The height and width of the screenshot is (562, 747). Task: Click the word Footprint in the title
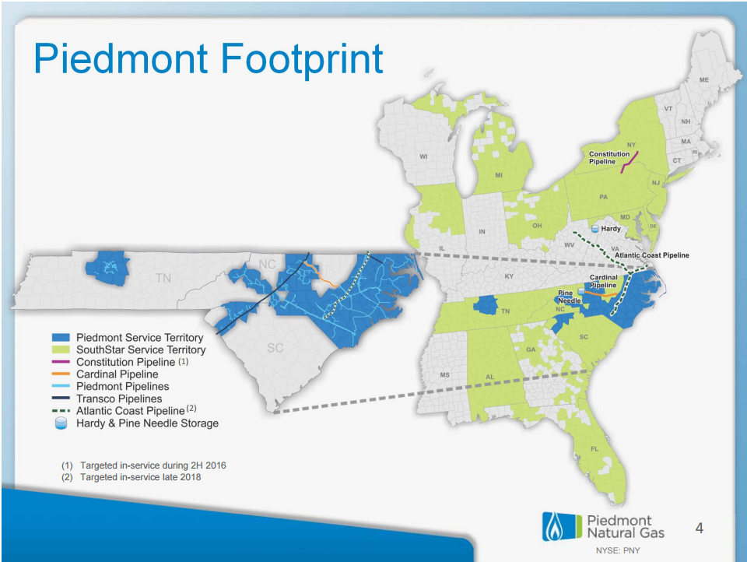coord(302,59)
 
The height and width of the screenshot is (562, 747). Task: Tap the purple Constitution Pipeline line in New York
coord(630,162)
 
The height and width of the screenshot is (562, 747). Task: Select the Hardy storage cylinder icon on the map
coord(595,229)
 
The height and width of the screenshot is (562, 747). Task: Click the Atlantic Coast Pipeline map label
coord(652,255)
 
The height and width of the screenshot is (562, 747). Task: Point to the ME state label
coord(703,79)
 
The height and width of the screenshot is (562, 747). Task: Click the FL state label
coord(594,448)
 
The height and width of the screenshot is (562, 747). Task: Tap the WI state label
coord(423,156)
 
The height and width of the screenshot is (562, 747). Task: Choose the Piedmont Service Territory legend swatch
coord(61,338)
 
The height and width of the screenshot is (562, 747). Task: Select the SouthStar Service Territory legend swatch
coord(61,349)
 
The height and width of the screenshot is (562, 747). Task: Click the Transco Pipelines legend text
coord(119,399)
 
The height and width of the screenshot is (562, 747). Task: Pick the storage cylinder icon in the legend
coord(61,423)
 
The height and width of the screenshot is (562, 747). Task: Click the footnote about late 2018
coord(131,477)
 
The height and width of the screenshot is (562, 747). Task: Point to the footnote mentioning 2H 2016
coord(144,465)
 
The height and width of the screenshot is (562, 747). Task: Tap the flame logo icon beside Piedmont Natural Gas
coord(554,527)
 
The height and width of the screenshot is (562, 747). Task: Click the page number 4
coord(700,529)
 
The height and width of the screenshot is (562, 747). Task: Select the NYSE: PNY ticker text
coord(618,550)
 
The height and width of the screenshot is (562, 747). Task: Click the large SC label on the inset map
coord(275,348)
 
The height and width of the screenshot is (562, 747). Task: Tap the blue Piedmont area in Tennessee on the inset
coord(107,268)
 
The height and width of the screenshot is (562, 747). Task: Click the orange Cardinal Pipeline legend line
coord(61,374)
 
